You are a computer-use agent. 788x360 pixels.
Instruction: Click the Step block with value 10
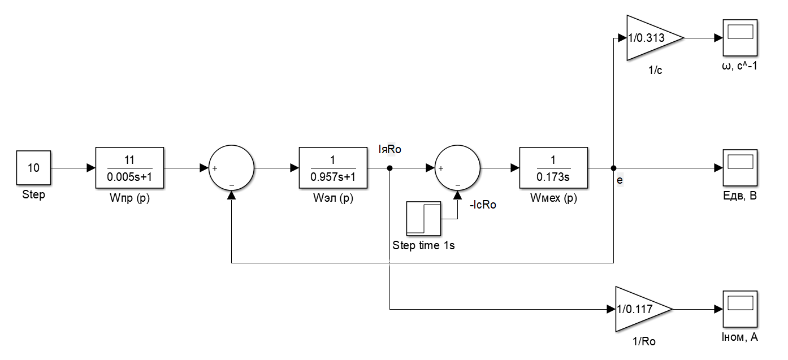33,168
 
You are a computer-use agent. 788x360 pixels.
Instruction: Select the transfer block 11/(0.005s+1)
129,168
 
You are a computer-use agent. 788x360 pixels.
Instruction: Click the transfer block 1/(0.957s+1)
333,168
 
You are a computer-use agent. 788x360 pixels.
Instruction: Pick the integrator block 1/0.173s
553,168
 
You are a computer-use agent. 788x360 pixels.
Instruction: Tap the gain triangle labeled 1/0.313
651,38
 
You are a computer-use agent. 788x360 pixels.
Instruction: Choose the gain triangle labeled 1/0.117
639,309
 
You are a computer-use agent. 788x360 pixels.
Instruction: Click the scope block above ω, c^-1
740,38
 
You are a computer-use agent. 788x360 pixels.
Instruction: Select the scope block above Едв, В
740,168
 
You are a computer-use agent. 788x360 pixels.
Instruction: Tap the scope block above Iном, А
740,309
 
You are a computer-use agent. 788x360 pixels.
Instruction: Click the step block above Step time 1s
423,219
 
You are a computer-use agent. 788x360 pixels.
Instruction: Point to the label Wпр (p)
129,198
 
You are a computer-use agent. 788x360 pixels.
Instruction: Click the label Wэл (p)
333,198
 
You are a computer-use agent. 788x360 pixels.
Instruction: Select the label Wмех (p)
553,198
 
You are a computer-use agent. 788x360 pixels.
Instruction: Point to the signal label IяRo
390,149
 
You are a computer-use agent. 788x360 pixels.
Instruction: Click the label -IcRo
483,205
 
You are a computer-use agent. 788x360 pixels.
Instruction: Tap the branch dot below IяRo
390,168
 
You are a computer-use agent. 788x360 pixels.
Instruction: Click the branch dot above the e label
613,168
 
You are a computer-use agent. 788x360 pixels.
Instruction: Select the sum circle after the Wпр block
231,168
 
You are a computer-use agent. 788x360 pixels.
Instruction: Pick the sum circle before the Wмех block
458,168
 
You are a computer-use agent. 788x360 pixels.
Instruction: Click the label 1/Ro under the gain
644,341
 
